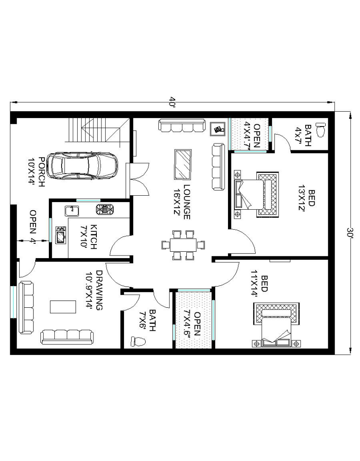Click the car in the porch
pos(82,166)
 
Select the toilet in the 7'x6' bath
pos(138,341)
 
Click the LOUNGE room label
pos(187,202)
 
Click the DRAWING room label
pos(99,290)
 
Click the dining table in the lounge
pos(183,245)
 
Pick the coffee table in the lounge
pos(183,164)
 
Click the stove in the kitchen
pos(104,209)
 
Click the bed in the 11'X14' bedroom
pos(276,325)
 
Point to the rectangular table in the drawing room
pos(63,307)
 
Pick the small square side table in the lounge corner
pos(218,129)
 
